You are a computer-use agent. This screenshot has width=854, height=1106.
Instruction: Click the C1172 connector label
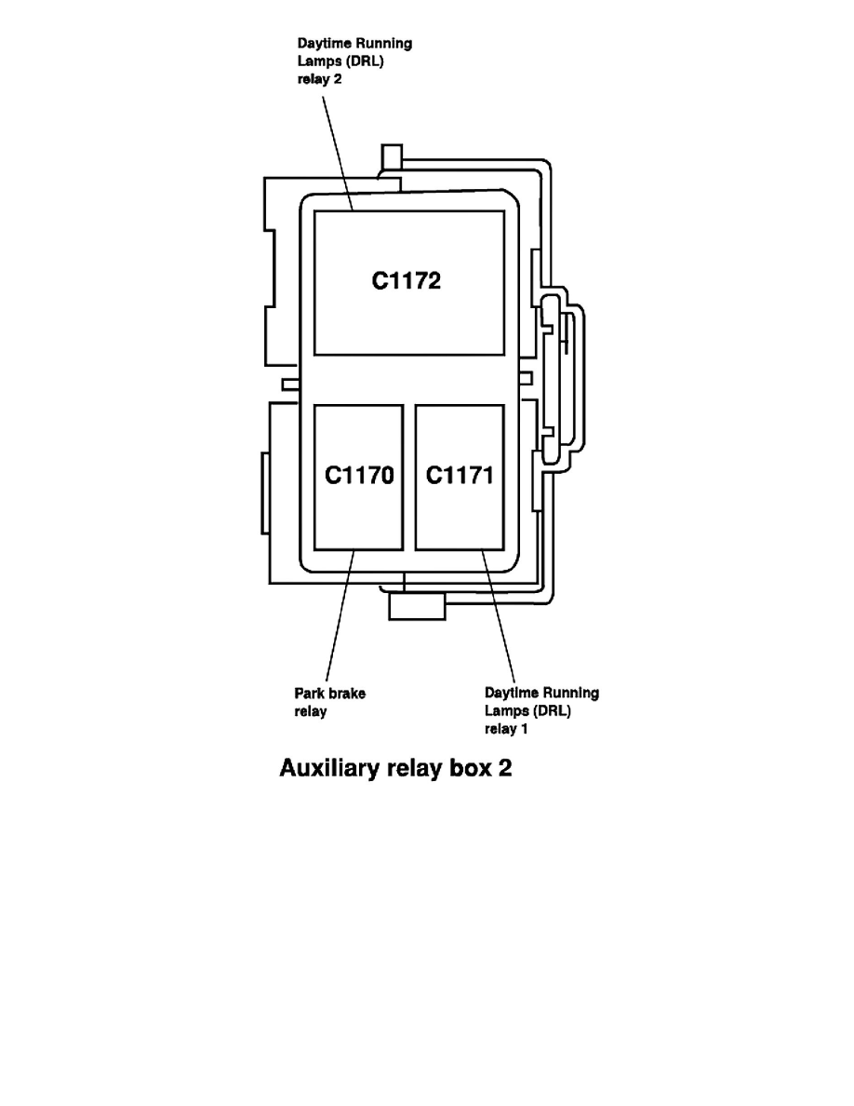coord(407,280)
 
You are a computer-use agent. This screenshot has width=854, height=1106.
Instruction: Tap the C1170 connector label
coord(359,476)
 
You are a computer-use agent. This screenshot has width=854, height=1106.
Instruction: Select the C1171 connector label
coord(460,476)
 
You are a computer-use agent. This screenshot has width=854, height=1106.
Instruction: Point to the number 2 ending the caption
coord(505,770)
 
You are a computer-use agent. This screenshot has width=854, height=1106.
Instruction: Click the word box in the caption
coord(472,770)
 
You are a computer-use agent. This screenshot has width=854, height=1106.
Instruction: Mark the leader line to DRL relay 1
coord(499,614)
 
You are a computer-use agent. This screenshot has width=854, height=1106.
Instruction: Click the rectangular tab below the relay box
coord(417,607)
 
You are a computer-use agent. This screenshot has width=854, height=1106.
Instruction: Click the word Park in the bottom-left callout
coord(309,694)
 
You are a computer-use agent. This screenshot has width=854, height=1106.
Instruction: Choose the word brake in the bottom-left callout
coord(346,694)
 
